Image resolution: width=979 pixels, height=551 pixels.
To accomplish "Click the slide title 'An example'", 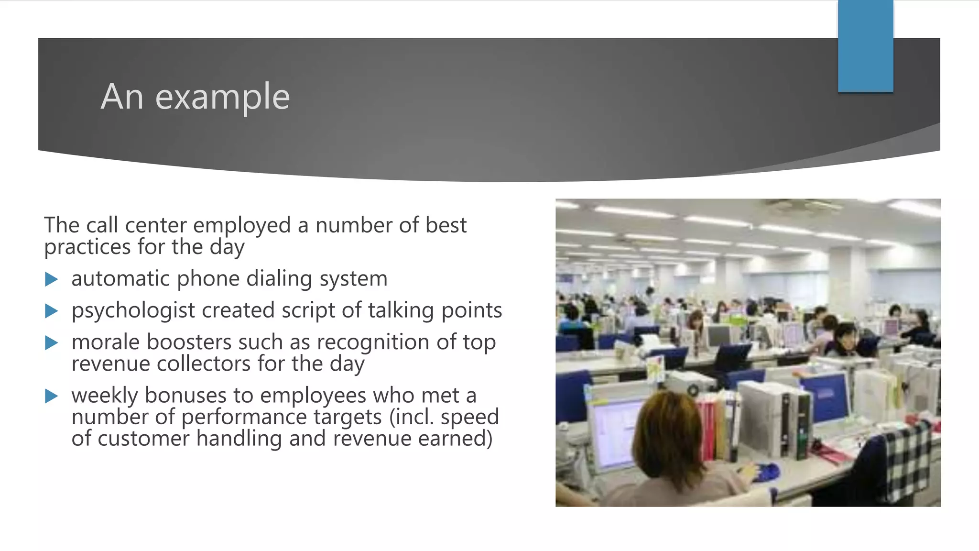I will (x=195, y=97).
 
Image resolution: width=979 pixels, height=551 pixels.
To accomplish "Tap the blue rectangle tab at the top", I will (x=865, y=46).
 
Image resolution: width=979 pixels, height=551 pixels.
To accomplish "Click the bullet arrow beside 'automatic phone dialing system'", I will (x=51, y=279).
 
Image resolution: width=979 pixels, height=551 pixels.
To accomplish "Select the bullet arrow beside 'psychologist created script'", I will (x=51, y=311).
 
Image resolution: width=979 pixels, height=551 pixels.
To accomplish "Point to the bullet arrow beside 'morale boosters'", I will (x=51, y=343).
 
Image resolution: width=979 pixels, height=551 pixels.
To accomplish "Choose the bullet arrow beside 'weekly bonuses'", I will (x=51, y=396).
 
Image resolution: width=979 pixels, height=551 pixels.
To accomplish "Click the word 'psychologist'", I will (x=133, y=311).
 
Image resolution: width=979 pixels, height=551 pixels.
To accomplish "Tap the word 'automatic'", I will (x=120, y=279).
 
